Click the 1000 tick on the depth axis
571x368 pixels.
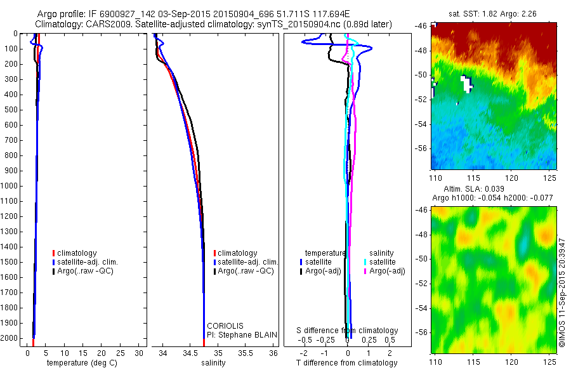[x=12, y=186]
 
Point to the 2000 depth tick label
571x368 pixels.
[x=12, y=339]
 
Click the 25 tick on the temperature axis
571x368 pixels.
[x=121, y=352]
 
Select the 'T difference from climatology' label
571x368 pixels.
[x=346, y=363]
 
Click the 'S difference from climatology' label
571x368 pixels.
[x=348, y=331]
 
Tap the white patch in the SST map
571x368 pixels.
[x=467, y=83]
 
